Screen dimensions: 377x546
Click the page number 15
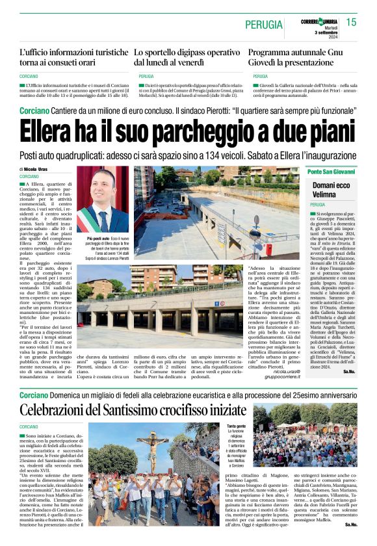click(x=352, y=23)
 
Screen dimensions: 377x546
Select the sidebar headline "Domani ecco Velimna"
click(x=331, y=190)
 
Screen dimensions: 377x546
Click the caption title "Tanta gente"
click(x=236, y=426)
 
